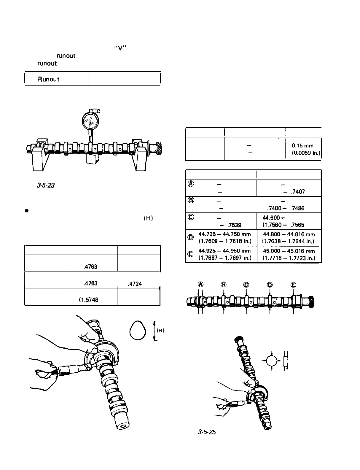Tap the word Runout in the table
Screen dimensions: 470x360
49,79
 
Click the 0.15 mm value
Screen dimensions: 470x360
302,146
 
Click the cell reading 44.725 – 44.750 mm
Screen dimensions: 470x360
225,234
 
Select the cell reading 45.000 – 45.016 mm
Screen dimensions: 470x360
289,251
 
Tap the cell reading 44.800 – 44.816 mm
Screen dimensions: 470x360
289,234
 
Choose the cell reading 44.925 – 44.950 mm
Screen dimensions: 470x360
225,251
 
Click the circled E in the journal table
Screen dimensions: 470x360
191,254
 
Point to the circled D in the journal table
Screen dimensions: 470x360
191,237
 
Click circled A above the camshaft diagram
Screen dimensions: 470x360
201,285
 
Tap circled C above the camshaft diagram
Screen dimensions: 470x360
246,285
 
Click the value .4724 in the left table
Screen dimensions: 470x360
134,284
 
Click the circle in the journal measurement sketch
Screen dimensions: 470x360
272,361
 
